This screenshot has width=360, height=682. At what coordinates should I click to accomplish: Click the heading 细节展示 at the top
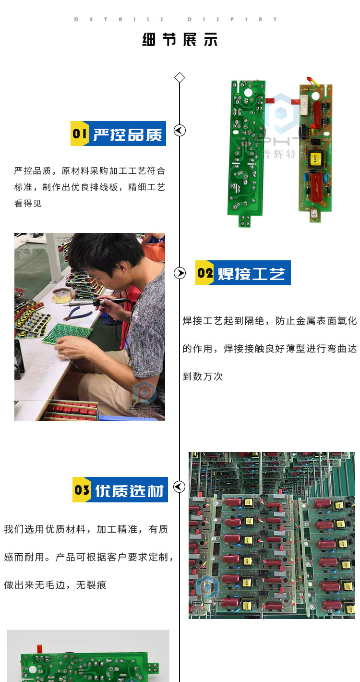[180, 39]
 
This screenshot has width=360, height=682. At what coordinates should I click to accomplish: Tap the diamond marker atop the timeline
[180, 78]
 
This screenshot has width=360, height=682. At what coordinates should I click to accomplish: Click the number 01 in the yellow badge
[79, 134]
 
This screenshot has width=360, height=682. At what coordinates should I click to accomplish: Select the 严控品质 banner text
[128, 134]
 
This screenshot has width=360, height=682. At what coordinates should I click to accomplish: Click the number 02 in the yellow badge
[205, 273]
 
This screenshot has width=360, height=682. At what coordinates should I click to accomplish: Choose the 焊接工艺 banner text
[252, 274]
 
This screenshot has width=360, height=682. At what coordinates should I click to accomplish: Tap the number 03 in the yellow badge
[82, 490]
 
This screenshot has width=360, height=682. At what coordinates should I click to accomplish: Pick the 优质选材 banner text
[129, 491]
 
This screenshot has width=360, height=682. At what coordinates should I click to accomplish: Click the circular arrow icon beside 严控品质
[180, 130]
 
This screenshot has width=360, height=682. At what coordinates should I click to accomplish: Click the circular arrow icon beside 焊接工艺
[180, 273]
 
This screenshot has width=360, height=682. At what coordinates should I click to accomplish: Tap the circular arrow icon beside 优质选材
[179, 487]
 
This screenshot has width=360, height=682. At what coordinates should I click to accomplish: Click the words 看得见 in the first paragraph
[28, 203]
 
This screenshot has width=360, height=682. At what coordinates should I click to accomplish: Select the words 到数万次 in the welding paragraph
[203, 377]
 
